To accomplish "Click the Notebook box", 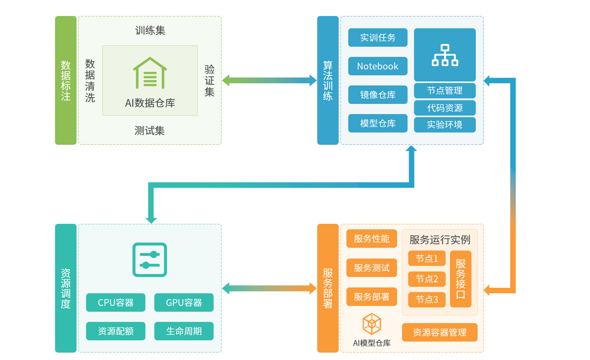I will click(x=378, y=66).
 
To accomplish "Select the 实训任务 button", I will click(x=378, y=38).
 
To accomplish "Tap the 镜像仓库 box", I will click(x=378, y=95).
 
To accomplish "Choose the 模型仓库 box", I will click(x=378, y=123).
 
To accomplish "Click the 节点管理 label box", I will click(x=445, y=90).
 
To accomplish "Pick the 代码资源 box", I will click(x=445, y=108).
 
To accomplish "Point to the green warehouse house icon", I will click(x=150, y=73).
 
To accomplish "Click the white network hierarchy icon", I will click(x=445, y=55).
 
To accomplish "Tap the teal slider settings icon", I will click(x=150, y=260).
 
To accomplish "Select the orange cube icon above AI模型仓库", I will click(x=372, y=324).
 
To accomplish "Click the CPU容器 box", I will click(x=116, y=303).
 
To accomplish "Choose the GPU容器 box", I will click(x=184, y=303).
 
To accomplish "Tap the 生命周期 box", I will click(x=184, y=331).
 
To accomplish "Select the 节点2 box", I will click(x=427, y=279).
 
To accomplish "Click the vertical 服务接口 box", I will click(x=460, y=279).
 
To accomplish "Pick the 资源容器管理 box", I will click(x=439, y=332).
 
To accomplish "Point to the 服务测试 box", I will click(x=372, y=268).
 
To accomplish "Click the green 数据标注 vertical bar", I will click(x=66, y=80).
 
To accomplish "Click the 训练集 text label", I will click(x=150, y=30).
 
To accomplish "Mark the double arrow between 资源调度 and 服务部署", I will click(x=269, y=288).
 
